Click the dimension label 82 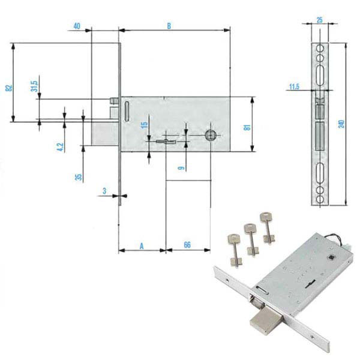pyautogui.click(x=8, y=88)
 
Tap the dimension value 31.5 pyautogui.click(x=34, y=86)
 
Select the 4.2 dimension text pyautogui.click(x=60, y=147)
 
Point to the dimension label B pyautogui.click(x=169, y=26)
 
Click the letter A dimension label pyautogui.click(x=142, y=246)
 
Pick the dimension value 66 pyautogui.click(x=187, y=245)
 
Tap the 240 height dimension pyautogui.click(x=341, y=124)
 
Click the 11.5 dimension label pyautogui.click(x=294, y=87)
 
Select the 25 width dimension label pyautogui.click(x=320, y=20)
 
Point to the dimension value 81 pyautogui.click(x=247, y=128)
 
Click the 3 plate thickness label pyautogui.click(x=104, y=191)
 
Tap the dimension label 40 pyautogui.click(x=77, y=26)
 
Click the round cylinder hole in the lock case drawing pyautogui.click(x=209, y=135)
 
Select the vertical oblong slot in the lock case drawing pyautogui.click(x=127, y=111)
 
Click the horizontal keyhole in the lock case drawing pyautogui.click(x=166, y=142)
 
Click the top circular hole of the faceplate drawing pyautogui.click(x=320, y=49)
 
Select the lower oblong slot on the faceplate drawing pyautogui.click(x=320, y=172)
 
